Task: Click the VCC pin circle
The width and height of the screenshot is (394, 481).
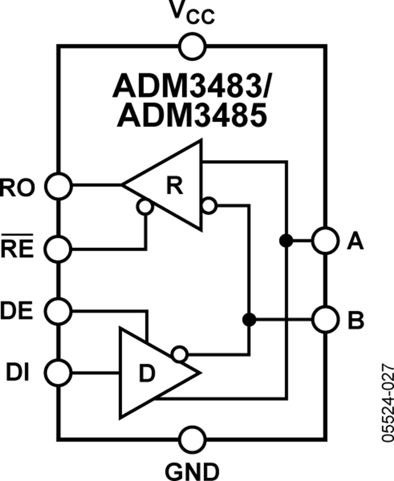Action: [x=192, y=45]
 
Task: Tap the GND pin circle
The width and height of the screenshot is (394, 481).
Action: [x=192, y=439]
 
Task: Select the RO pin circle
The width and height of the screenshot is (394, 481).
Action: [x=58, y=185]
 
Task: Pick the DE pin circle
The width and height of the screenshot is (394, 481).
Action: [x=58, y=311]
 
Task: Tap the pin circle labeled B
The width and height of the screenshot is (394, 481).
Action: [x=325, y=321]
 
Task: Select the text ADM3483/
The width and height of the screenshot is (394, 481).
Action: [x=192, y=87]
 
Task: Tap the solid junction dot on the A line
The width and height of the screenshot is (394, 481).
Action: [x=285, y=240]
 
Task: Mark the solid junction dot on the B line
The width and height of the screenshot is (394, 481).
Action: [x=249, y=320]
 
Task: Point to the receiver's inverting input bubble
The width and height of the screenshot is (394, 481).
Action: [x=209, y=205]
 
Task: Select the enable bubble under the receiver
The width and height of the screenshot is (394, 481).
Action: [x=144, y=207]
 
